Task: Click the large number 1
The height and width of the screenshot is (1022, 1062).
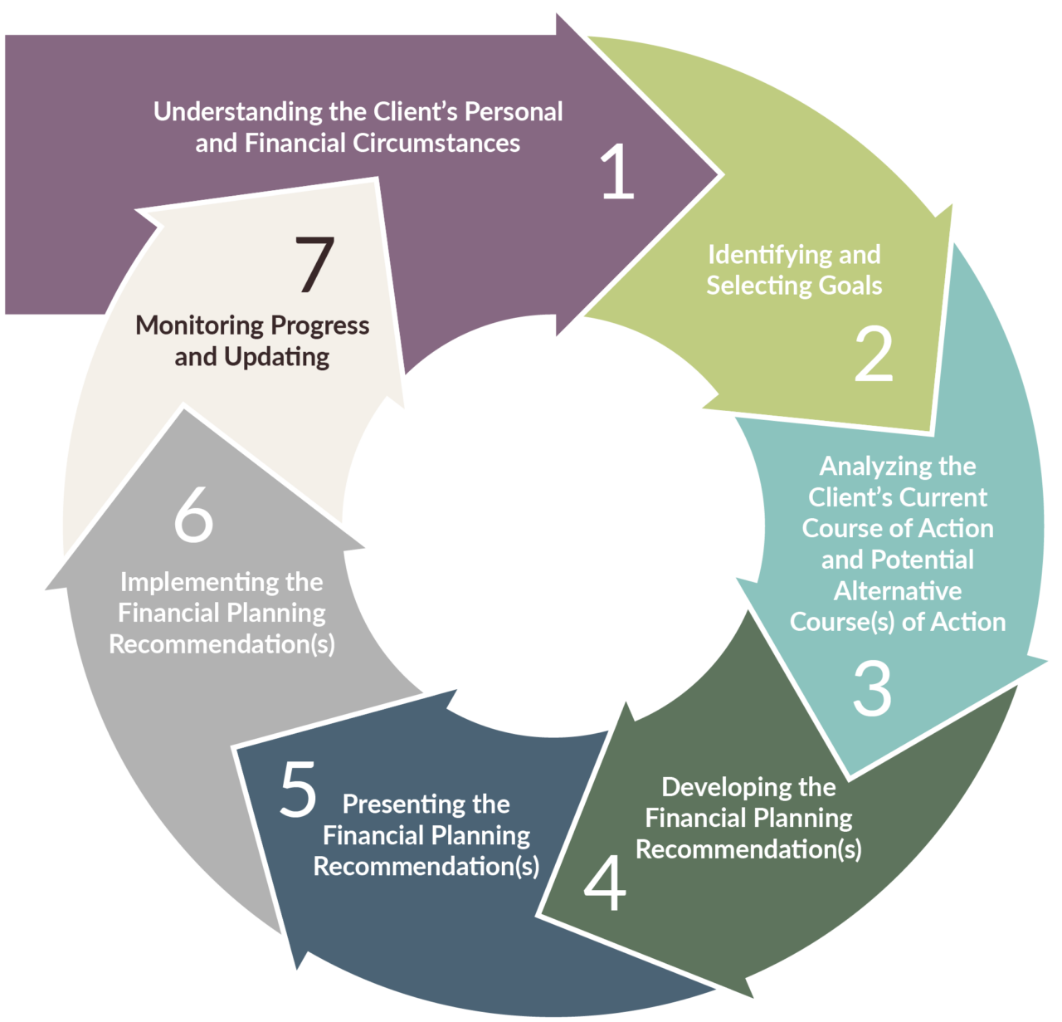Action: click(x=618, y=172)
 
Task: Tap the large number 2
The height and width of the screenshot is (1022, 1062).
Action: click(x=874, y=355)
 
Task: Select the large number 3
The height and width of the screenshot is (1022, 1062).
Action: click(x=872, y=689)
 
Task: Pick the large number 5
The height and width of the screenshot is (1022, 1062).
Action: click(x=299, y=790)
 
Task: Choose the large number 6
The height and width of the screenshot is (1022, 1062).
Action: click(x=193, y=516)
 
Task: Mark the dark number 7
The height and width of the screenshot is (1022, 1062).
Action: click(x=315, y=265)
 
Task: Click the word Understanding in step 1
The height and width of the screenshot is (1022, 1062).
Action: click(x=240, y=112)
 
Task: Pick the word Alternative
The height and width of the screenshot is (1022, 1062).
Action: click(x=898, y=591)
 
